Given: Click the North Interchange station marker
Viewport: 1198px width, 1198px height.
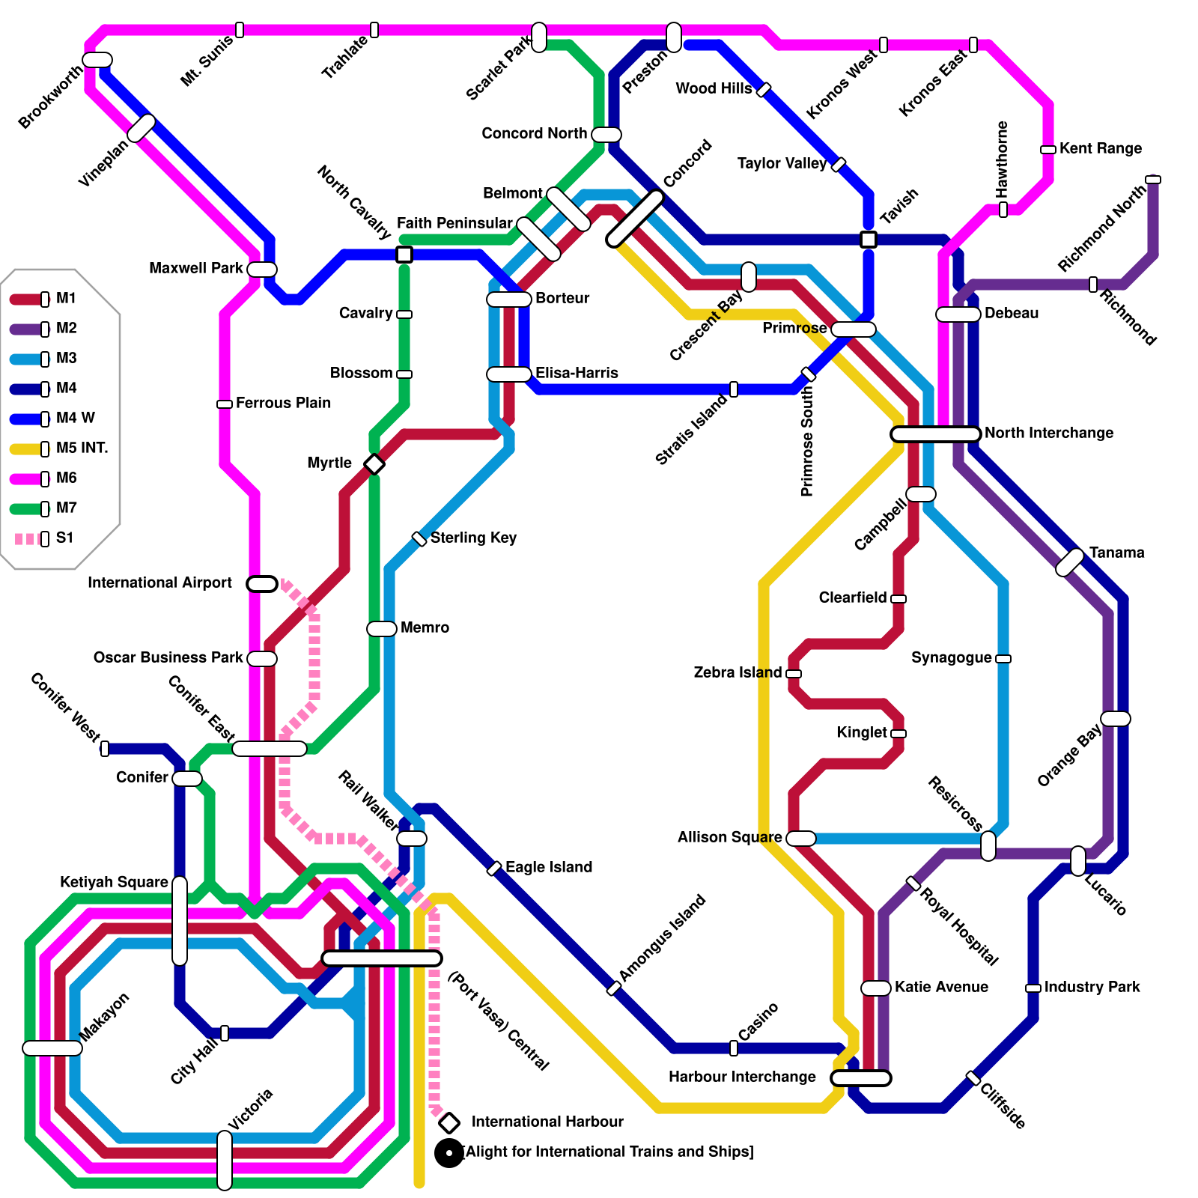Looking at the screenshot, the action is click(936, 434).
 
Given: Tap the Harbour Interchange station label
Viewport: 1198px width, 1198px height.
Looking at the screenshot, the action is click(741, 1077).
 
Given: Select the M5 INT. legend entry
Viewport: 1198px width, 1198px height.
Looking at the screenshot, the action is click(60, 449).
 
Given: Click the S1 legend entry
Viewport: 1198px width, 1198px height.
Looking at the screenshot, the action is click(45, 538).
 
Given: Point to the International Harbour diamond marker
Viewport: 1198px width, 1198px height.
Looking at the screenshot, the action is click(449, 1123).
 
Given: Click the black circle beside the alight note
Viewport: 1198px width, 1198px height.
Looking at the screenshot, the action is click(449, 1153).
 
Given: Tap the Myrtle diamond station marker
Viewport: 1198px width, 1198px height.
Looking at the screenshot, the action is click(374, 464).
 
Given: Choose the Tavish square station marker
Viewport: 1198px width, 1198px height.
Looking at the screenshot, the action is click(869, 240).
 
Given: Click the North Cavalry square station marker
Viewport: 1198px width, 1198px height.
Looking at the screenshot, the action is click(404, 255).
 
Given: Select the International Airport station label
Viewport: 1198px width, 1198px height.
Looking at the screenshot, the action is click(159, 583).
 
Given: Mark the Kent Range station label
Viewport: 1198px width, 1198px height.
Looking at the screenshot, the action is click(1100, 148).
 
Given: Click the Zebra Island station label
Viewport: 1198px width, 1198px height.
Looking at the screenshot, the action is click(738, 672).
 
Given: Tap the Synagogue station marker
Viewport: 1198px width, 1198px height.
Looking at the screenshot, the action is click(1003, 659).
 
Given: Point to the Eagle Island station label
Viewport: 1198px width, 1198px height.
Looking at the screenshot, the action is click(548, 867).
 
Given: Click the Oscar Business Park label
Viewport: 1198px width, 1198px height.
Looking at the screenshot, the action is click(168, 657).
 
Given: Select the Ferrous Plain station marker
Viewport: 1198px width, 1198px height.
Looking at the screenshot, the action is click(225, 404).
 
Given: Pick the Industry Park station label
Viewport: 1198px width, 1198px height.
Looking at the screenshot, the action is click(1092, 987).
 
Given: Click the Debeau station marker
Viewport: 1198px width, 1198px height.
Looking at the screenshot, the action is click(958, 314).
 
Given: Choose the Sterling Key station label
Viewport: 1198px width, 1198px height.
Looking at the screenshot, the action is click(473, 538).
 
